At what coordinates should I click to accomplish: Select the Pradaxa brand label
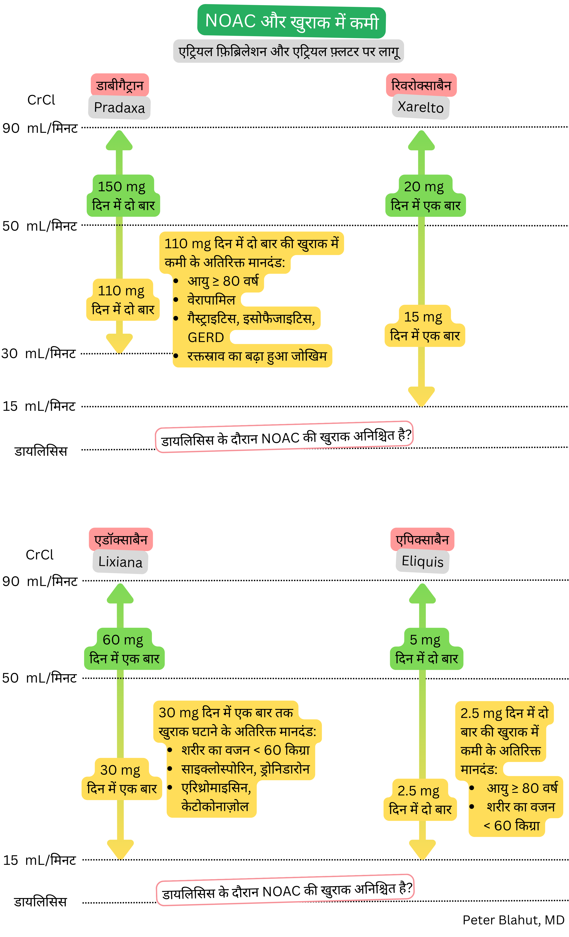(x=119, y=108)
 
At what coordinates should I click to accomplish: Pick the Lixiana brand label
(x=120, y=562)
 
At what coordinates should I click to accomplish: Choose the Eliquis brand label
(x=422, y=561)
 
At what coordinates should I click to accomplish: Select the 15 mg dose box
(x=424, y=326)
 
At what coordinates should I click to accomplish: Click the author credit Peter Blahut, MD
(x=513, y=920)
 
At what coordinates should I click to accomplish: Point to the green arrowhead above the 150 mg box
(x=119, y=141)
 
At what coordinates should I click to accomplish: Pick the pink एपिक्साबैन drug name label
(x=422, y=539)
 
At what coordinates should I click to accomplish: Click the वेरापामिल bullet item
(x=211, y=300)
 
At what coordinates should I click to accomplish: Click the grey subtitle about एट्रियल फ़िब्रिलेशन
(x=288, y=51)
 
